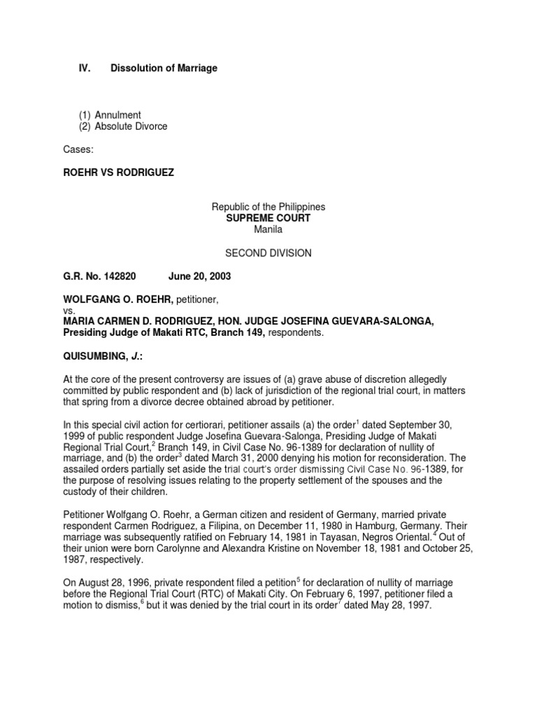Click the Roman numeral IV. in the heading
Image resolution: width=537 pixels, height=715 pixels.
(84, 68)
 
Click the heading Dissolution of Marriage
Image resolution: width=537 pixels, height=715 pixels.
(164, 68)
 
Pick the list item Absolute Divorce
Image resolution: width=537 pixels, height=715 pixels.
(130, 126)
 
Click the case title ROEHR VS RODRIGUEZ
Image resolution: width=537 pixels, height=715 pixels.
(119, 172)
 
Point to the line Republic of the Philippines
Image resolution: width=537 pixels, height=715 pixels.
(268, 207)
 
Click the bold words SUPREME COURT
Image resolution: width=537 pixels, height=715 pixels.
(268, 219)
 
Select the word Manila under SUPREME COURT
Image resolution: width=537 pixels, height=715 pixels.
(268, 230)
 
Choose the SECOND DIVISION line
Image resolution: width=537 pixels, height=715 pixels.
(268, 253)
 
